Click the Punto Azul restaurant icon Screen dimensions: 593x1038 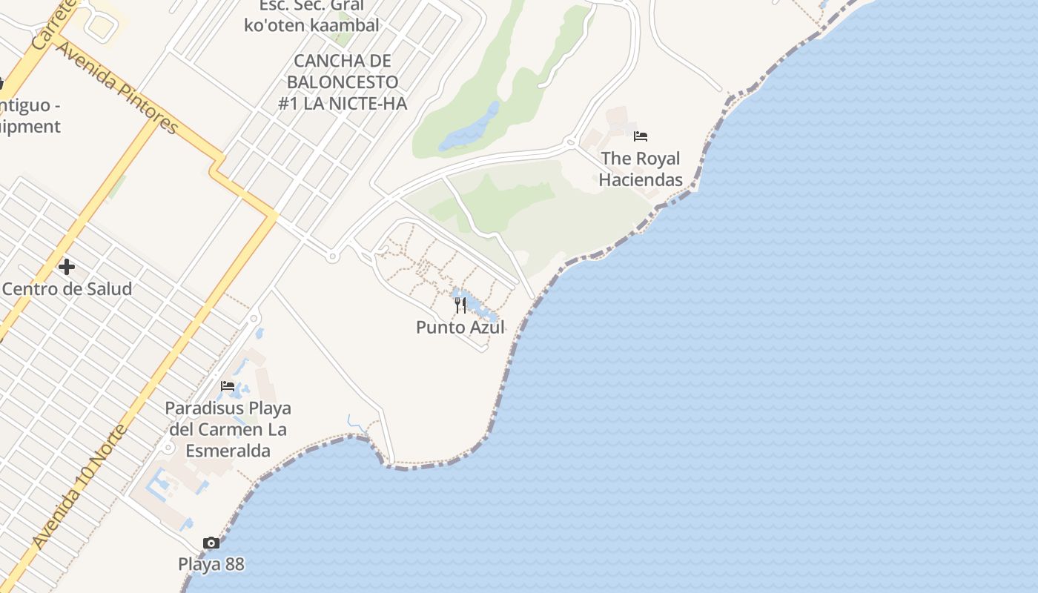[x=460, y=305]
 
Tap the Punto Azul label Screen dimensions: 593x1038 [x=460, y=327]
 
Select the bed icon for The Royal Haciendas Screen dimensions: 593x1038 [x=641, y=136]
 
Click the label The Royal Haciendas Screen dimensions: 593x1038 [x=641, y=169]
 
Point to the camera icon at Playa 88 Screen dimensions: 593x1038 [x=211, y=543]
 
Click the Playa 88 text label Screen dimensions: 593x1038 [x=211, y=564]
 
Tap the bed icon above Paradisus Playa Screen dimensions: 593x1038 [x=228, y=386]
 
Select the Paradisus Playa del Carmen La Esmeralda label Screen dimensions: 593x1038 [x=228, y=429]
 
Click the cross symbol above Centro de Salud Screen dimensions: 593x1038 [x=67, y=267]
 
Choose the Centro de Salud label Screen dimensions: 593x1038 [x=67, y=288]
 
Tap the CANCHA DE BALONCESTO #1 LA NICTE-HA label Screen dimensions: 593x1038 [x=343, y=82]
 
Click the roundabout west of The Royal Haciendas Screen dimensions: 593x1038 [x=570, y=141]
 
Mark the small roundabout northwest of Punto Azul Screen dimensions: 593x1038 [x=332, y=257]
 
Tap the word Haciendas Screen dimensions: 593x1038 [x=641, y=179]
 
